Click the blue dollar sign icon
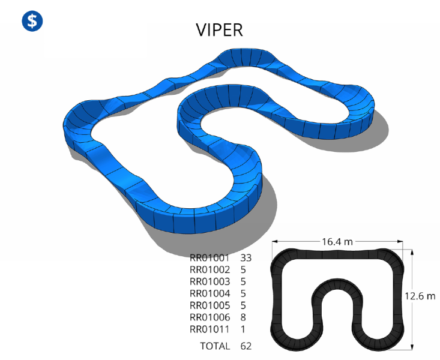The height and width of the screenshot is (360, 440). (x=32, y=21)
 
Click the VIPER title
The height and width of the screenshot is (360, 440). (x=219, y=30)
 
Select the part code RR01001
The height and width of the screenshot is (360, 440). (x=209, y=257)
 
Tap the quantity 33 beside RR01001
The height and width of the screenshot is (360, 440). (x=246, y=257)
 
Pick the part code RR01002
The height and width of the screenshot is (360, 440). (x=209, y=269)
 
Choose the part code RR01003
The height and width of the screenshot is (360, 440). (x=209, y=281)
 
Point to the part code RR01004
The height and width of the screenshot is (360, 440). (x=209, y=293)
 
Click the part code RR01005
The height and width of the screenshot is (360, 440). (x=209, y=305)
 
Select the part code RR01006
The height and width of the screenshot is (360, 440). (x=209, y=317)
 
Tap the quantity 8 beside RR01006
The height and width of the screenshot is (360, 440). (x=243, y=317)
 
